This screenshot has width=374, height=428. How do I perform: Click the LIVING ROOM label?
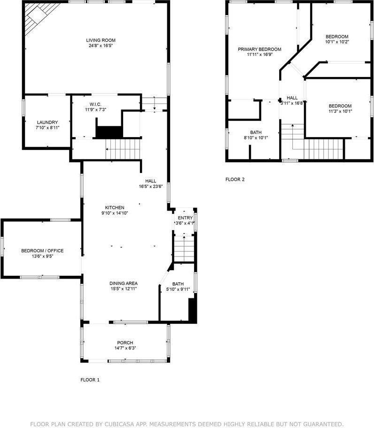pos(100,40)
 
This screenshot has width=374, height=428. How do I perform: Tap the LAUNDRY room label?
pos(47,122)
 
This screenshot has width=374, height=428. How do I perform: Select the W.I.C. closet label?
pos(95,104)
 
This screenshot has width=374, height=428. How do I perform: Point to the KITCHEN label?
pos(114,208)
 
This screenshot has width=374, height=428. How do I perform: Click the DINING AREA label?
pos(124,283)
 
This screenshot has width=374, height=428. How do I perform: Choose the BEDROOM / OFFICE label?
pos(42,251)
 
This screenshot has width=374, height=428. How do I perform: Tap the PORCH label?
pos(125,342)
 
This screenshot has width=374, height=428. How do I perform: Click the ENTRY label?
pos(185,218)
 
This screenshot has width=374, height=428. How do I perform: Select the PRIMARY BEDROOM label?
pos(259,49)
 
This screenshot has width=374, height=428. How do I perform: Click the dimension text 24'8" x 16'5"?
pos(100,46)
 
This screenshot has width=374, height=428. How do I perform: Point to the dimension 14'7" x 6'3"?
pos(125,348)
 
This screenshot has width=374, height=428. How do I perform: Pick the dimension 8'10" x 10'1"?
pos(256,138)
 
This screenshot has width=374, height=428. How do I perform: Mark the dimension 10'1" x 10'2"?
pos(337,42)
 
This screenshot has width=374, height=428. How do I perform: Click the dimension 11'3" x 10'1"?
pos(340,111)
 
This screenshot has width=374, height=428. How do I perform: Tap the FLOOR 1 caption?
pos(90,380)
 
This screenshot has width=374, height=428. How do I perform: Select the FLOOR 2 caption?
pos(235,179)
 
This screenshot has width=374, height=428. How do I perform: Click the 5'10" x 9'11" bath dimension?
pos(178,289)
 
